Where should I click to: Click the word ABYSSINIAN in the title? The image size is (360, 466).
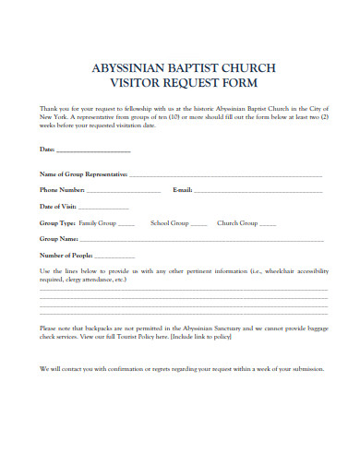pos(125,67)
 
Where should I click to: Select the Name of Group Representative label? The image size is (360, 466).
pos(83,173)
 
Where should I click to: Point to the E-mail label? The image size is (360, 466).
pos(182,189)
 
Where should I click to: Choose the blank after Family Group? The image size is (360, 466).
pos(126,224)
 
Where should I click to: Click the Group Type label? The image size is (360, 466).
pos(57,222)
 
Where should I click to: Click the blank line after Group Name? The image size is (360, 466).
pos(198,240)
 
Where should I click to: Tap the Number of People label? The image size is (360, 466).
pos(66,255)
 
